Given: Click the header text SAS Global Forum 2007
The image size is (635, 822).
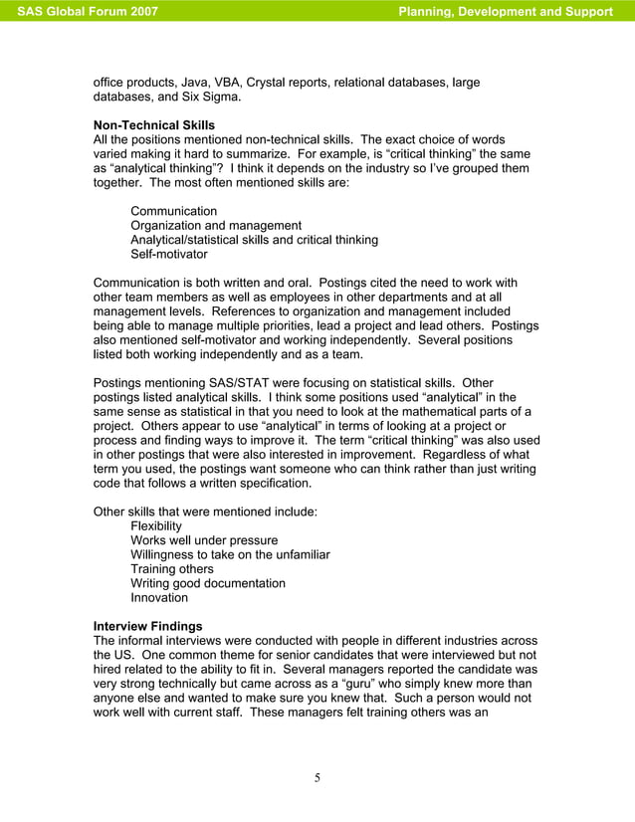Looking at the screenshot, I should coord(88,12).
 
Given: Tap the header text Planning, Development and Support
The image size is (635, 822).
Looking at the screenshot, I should coord(505,12).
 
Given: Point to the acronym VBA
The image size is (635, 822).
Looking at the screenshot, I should coord(228,82).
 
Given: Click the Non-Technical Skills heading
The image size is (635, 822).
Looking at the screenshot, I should coord(153,125).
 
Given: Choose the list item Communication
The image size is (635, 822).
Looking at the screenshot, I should coord(173,211).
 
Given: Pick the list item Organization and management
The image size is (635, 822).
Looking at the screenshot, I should coord(216,226).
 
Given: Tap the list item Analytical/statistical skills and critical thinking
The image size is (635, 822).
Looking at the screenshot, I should coord(254,240).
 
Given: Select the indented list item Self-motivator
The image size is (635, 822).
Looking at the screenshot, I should coord(169,254).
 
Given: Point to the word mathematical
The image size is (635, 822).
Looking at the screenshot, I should coord(447,412).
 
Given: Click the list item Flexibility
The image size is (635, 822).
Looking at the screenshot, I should coord(156,525).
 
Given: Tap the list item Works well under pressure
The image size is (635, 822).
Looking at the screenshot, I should coord(204,540).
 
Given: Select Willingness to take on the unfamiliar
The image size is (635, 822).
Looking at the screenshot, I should coord(230,554).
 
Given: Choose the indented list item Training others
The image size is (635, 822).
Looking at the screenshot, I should coord(172,569).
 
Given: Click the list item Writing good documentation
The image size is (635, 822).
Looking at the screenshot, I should coord(208,583).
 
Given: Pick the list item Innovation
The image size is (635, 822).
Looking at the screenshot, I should coord(159,597).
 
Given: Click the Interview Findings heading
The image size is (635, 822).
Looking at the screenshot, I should coord(147,626).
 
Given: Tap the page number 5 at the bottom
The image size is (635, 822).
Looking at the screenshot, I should coord(317,778).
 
